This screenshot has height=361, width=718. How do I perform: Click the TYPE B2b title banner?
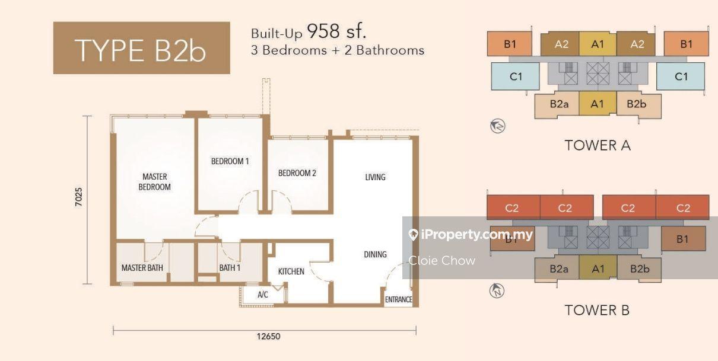141,48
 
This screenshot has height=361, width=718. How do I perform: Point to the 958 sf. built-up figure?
336,31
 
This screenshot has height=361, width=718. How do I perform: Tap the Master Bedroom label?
154,181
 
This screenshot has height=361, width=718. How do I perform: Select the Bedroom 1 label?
230,161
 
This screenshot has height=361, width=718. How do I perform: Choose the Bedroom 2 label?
297,173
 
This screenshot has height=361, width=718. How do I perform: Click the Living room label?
376,177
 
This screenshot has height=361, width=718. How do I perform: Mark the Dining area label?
375,255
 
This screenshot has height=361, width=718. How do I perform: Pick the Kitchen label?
291,271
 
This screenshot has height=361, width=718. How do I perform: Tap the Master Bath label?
142,268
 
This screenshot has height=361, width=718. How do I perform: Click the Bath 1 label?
230,268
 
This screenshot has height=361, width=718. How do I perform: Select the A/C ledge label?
263,295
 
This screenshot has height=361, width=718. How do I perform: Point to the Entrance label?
398,299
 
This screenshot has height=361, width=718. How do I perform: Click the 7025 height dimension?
78,197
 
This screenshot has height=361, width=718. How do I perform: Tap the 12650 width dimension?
268,336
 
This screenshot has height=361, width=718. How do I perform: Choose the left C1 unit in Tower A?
516,76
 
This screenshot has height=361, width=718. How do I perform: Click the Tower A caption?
598,145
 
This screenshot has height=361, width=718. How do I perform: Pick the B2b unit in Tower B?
639,269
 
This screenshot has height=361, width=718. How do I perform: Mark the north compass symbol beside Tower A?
498,126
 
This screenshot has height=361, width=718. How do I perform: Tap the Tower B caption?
597,310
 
